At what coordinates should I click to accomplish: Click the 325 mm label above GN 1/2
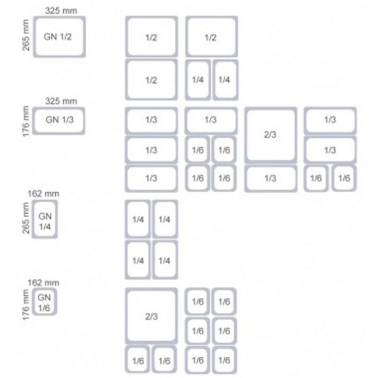click(61, 11)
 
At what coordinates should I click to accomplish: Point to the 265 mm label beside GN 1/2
click(26, 35)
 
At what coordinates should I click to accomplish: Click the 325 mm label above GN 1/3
click(61, 101)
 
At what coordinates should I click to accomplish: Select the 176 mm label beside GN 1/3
click(26, 121)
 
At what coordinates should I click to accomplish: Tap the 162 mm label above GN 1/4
click(43, 193)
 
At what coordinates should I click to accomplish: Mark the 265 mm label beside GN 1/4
click(26, 218)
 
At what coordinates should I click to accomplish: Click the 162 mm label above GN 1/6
click(43, 282)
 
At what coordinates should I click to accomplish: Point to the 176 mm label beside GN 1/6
click(26, 305)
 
